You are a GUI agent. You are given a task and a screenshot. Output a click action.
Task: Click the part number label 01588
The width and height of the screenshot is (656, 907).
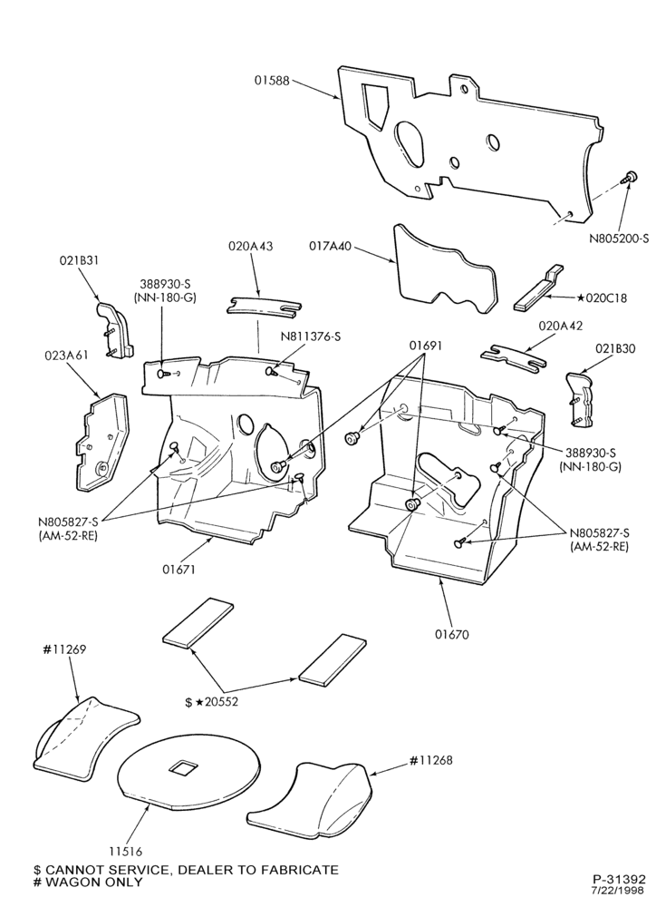(x=272, y=80)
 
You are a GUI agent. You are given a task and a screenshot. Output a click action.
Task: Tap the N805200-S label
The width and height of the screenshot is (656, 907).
(x=619, y=237)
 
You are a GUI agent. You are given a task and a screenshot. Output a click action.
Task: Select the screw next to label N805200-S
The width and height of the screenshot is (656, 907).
(x=629, y=177)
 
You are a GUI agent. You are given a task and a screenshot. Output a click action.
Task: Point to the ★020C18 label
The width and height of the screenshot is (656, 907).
(x=601, y=299)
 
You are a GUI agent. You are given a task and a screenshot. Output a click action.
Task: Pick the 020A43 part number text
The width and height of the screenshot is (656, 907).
(x=251, y=246)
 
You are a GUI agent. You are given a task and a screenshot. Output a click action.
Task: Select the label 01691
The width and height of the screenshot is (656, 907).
(x=425, y=346)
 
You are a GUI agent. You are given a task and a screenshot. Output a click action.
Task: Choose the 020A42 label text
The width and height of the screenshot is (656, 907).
(x=560, y=326)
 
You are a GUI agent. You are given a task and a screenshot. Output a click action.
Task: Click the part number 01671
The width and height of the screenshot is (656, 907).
(x=178, y=570)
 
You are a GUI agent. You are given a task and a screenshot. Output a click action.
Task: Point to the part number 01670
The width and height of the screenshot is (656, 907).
(x=452, y=634)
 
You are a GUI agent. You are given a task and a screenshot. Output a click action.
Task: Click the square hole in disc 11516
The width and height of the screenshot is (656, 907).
(x=183, y=768)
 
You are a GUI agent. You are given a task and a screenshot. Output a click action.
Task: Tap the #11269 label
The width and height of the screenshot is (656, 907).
(x=64, y=649)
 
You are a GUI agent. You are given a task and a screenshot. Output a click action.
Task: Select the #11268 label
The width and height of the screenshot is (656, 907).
(x=430, y=760)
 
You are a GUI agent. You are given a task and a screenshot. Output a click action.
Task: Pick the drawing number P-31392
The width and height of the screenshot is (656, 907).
(x=619, y=878)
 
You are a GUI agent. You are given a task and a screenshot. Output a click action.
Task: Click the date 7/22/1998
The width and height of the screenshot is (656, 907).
(x=619, y=889)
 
